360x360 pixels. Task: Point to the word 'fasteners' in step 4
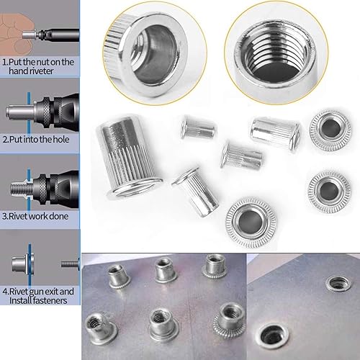[50, 300]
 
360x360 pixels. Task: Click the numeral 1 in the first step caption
[4, 63]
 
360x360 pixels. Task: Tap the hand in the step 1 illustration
[15, 30]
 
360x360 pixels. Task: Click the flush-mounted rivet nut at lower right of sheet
[272, 336]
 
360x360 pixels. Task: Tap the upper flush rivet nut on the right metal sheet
[339, 284]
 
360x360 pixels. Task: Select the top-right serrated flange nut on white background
[330, 130]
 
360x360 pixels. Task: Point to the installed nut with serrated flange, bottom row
[229, 318]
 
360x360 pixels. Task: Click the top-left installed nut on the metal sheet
[120, 276]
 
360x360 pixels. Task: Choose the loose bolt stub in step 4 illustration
[70, 264]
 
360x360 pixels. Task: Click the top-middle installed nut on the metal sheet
[166, 271]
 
